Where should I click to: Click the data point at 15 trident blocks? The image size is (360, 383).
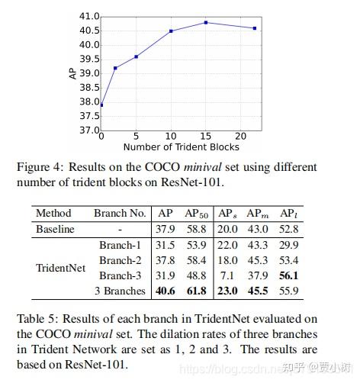[x=207, y=22]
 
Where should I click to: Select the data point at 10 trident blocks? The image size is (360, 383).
[x=171, y=31]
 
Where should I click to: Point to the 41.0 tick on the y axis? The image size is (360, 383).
[x=89, y=16]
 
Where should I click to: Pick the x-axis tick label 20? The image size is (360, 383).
[x=242, y=137]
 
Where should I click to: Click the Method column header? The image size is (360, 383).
[x=53, y=214]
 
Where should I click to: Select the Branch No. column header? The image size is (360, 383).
[x=120, y=214]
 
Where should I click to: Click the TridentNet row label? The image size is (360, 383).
[x=59, y=268]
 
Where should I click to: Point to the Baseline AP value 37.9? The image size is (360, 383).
[x=168, y=229]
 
